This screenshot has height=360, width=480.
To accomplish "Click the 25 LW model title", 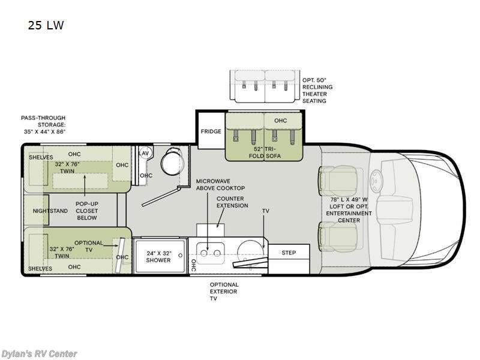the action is [46, 25].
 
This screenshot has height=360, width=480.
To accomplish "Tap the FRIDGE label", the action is [211, 131].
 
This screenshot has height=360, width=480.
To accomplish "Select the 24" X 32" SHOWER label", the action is [158, 257].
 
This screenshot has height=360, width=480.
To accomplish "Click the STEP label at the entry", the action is [289, 253].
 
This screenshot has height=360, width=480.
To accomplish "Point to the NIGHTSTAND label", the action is [50, 211].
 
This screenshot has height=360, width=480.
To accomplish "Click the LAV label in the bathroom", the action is [143, 153].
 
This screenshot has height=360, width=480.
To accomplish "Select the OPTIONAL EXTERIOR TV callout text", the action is [224, 292].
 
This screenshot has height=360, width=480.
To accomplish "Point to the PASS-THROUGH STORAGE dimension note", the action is [43, 125].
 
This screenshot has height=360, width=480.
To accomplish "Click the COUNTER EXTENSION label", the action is [232, 202].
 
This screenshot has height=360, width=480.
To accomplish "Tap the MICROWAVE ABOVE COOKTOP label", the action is [220, 185].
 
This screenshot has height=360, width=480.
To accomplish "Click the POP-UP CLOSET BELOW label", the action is [86, 211].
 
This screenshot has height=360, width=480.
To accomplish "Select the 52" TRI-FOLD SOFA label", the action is [265, 152].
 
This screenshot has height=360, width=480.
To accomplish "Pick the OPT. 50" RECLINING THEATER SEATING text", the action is [317, 91].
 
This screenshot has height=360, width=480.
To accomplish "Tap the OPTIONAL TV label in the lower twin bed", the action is [88, 246].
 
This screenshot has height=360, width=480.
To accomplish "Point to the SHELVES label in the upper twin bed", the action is [41, 157].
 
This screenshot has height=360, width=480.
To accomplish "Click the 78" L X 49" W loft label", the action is [349, 209].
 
